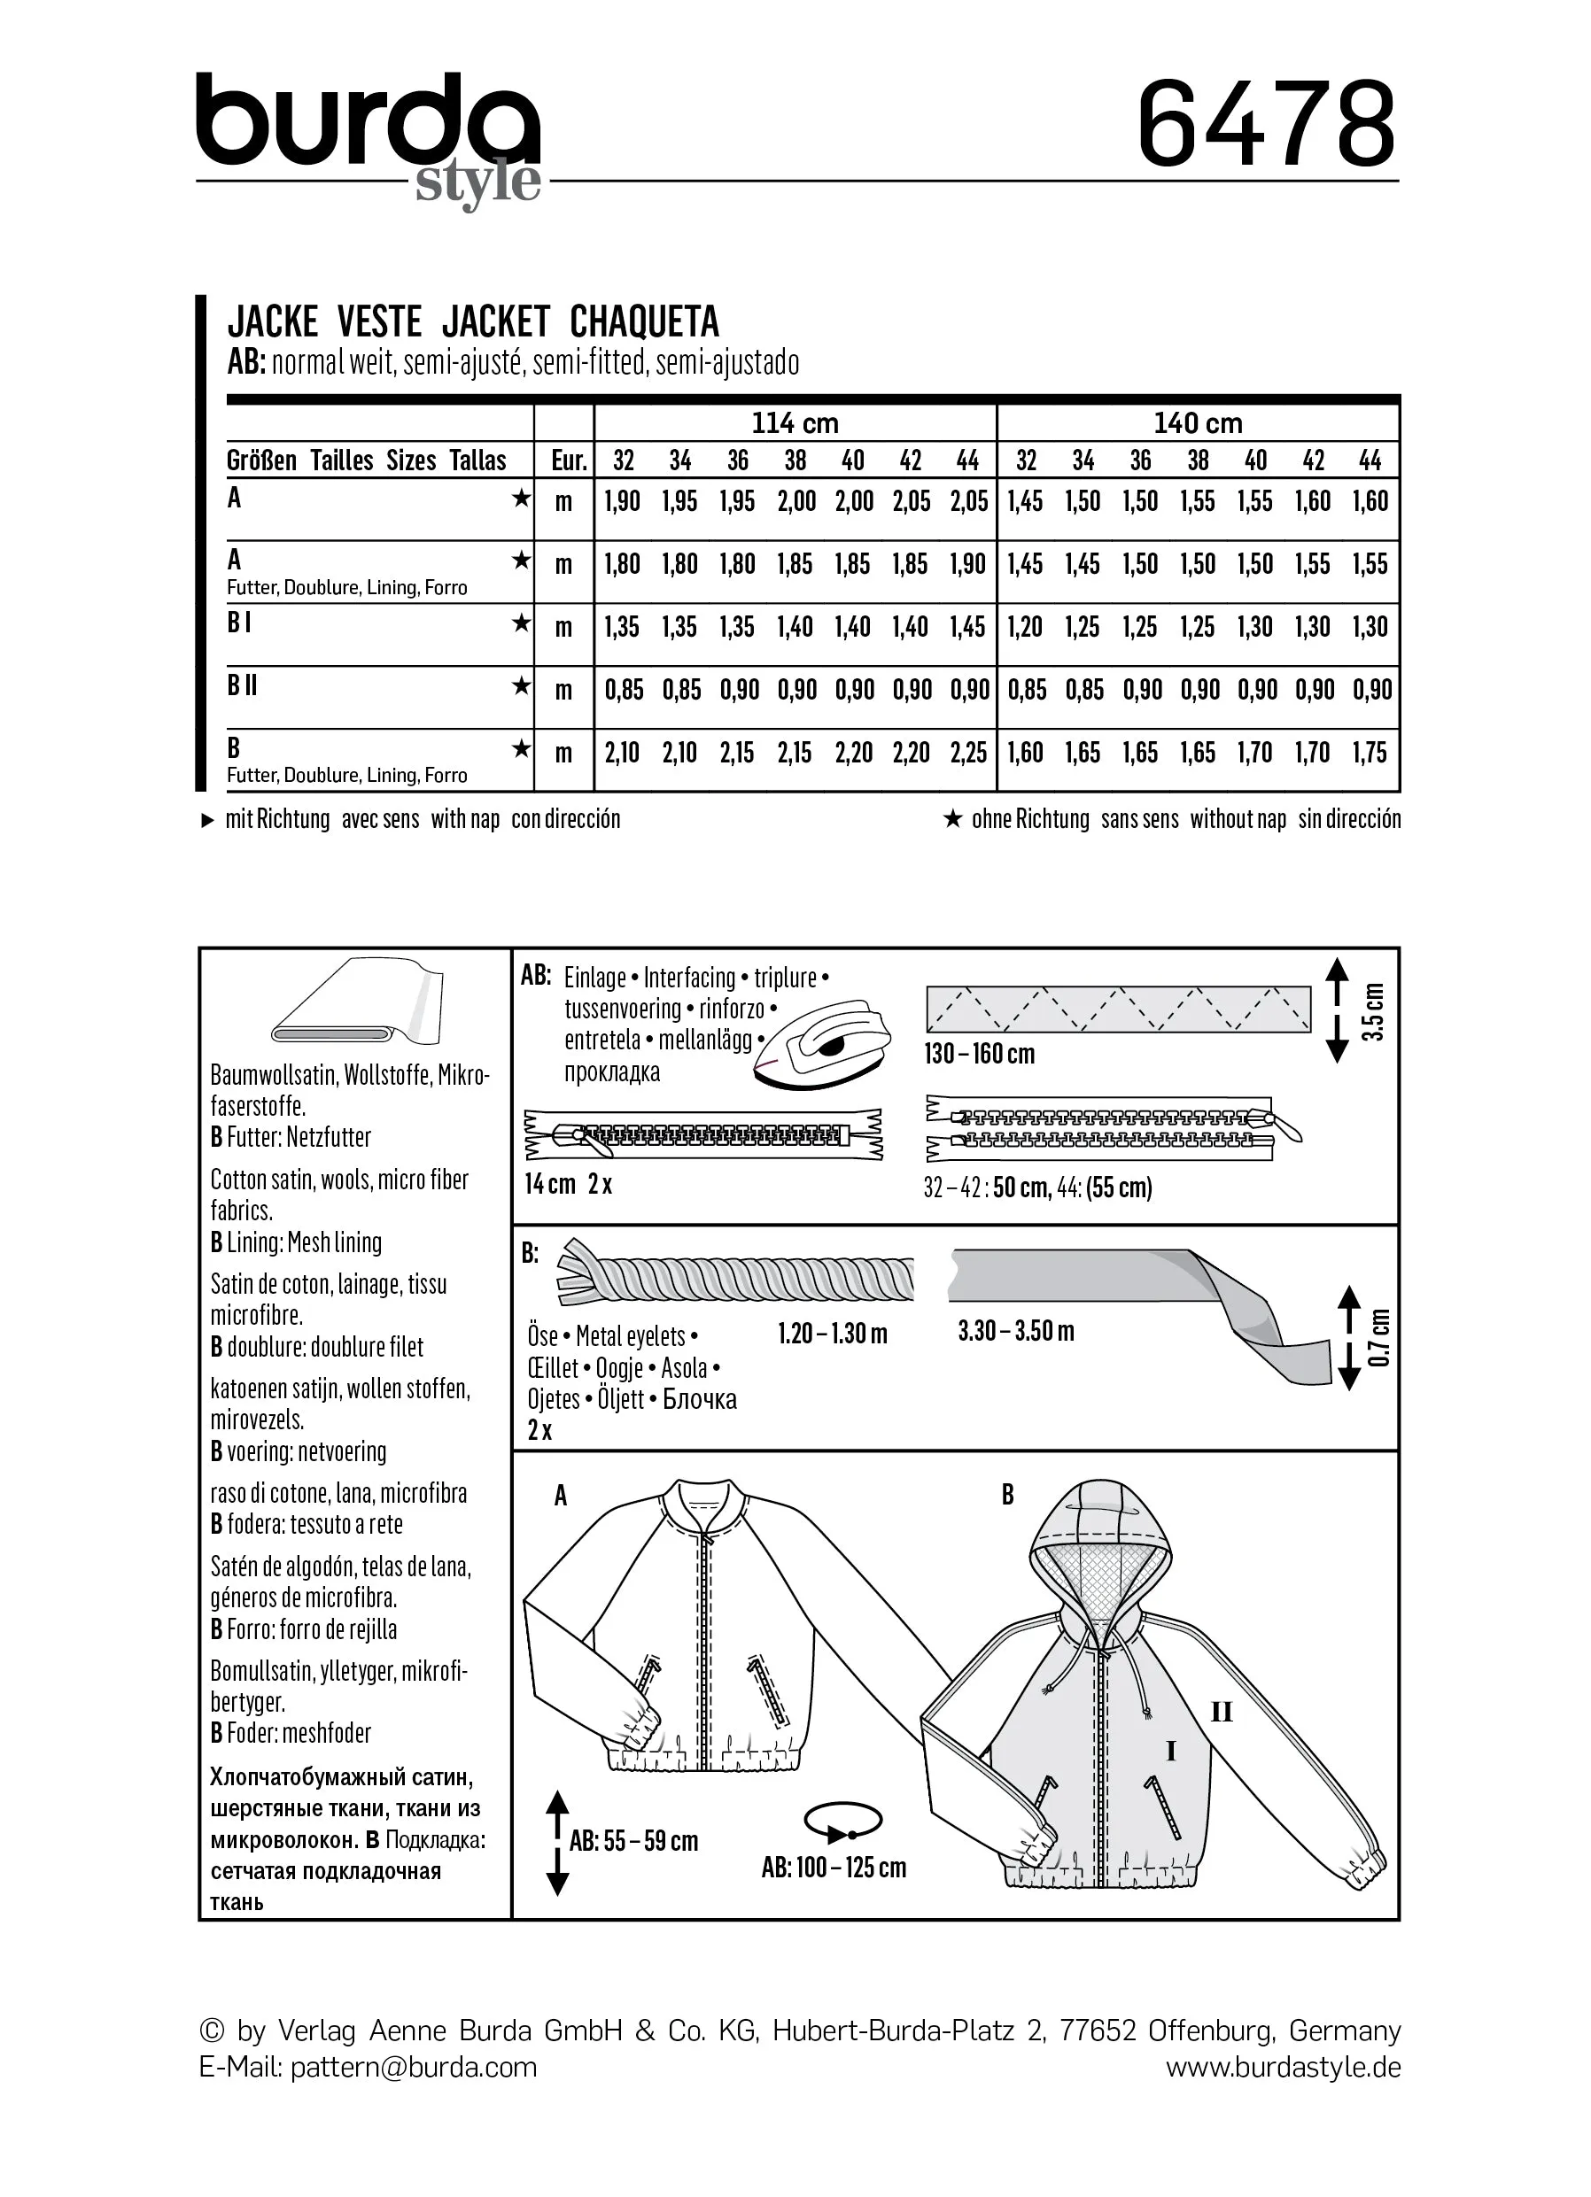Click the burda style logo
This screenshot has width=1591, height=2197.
tap(369, 135)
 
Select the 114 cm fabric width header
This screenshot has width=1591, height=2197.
tap(795, 423)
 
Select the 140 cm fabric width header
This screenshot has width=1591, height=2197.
tap(1198, 423)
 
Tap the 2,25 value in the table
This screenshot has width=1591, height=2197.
tap(968, 753)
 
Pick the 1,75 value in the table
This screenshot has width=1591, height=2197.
tap(1370, 753)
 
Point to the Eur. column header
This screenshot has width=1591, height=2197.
tap(569, 460)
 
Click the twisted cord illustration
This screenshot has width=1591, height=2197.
tap(736, 1276)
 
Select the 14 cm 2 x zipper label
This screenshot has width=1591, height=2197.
tap(568, 1184)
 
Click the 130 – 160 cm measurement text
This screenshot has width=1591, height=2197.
tap(980, 1054)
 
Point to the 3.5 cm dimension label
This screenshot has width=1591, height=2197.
tap(1373, 1011)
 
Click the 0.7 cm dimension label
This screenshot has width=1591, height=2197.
tap(1380, 1338)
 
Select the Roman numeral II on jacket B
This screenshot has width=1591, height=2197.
tap(1221, 1713)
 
